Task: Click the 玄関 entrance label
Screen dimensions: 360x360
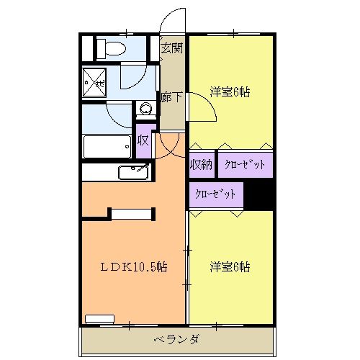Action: click(171, 48)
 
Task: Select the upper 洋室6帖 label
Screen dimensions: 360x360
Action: click(230, 92)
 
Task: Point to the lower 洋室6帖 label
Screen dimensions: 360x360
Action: click(230, 266)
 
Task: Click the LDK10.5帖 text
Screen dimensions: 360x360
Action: click(133, 266)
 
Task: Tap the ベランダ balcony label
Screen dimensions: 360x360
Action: click(176, 339)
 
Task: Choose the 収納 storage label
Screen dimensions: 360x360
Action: click(201, 164)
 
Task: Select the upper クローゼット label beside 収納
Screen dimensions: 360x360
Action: click(245, 164)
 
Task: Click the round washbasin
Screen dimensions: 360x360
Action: click(146, 109)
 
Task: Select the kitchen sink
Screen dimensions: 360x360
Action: click(133, 173)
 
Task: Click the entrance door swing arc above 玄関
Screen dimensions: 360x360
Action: click(173, 20)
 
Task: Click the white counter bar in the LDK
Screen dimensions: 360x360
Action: click(132, 212)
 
